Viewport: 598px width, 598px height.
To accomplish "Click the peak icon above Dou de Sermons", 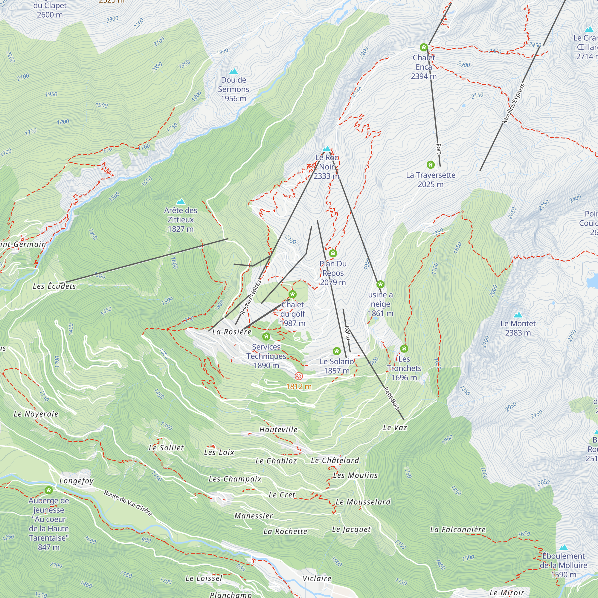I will coord(234,71).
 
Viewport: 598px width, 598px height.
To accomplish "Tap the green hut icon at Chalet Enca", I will coord(424,47).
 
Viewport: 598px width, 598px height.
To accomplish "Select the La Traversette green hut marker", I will coord(431,164).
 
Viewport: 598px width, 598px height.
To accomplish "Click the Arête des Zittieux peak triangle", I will coord(181,202).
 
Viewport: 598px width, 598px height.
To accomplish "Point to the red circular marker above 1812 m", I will coord(299,376).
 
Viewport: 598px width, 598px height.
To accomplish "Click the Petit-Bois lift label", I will coord(392,399).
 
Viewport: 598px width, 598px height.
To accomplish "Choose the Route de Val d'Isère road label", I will coord(128,503).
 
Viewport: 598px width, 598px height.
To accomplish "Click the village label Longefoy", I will coord(76,481).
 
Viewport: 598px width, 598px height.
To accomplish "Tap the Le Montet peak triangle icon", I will coord(518,315).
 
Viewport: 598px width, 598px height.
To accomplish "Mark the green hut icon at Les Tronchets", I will coord(404,349).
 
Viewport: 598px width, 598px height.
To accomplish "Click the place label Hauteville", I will coord(278,430).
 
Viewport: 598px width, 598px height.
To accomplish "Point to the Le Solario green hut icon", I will coord(337,351).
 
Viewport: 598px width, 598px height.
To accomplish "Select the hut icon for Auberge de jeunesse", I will coord(49,490).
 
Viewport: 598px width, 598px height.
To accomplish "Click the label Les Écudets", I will coord(54,286).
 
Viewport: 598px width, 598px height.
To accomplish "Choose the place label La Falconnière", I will coord(458,530).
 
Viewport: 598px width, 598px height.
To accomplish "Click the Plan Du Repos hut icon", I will coord(333,254).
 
